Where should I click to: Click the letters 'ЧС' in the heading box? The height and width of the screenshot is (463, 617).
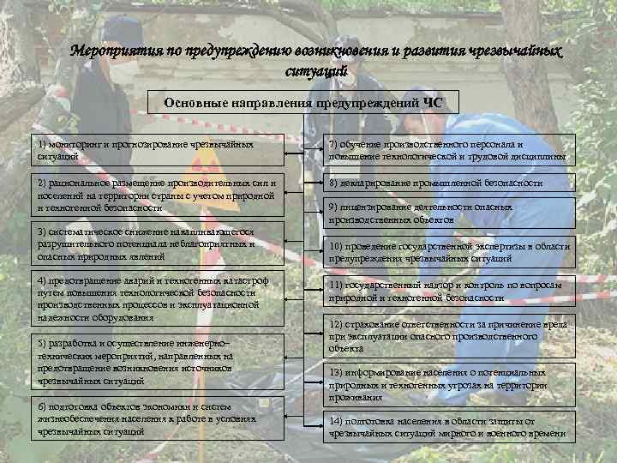coord(434,104)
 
